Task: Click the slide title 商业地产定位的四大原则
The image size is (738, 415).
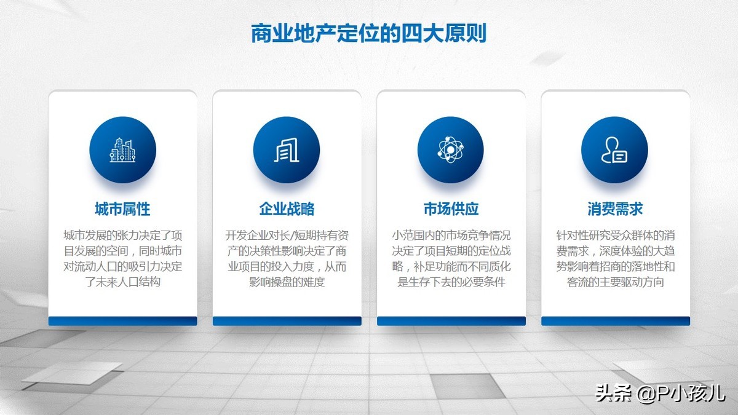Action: (368, 33)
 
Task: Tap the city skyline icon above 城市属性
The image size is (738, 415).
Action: (122, 150)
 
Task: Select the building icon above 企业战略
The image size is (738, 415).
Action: (287, 150)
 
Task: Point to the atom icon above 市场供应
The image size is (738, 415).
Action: (450, 149)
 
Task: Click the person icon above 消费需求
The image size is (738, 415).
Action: (614, 150)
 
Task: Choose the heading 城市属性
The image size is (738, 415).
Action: (122, 209)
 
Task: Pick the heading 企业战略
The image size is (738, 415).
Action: (287, 209)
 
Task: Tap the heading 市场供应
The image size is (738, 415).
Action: (451, 209)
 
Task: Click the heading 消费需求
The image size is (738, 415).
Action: (615, 209)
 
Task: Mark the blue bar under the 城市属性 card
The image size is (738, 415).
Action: (122, 321)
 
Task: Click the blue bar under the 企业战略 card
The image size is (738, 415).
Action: (287, 321)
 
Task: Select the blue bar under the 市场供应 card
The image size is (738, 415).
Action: (451, 321)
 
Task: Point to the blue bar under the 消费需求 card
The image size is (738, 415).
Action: (616, 321)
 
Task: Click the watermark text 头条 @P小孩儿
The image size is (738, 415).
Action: (661, 393)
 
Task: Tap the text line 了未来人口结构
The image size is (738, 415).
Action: (123, 282)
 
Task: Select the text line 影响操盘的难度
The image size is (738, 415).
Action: (287, 282)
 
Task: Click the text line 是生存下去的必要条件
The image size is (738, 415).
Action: (451, 282)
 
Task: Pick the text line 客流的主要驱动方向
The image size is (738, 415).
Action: (616, 282)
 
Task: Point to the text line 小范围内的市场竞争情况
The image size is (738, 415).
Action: (451, 235)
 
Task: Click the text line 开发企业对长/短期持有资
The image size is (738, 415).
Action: (287, 235)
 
